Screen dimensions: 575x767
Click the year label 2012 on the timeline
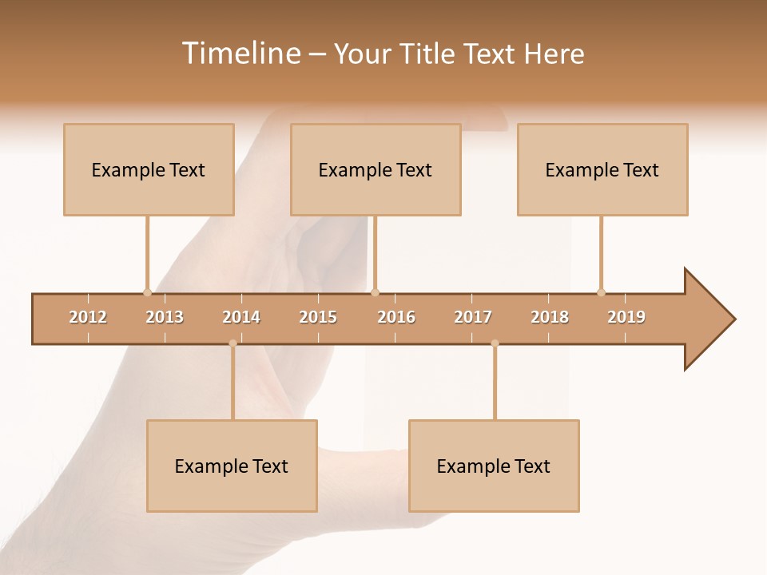click(88, 317)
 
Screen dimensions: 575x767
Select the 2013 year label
click(165, 317)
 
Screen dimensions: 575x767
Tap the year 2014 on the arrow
click(241, 317)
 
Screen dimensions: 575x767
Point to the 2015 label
click(318, 317)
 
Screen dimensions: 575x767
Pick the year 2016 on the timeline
click(396, 317)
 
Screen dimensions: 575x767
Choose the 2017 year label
click(473, 317)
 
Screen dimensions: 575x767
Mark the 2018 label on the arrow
click(550, 317)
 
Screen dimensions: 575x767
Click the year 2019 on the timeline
click(626, 317)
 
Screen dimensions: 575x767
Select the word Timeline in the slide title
click(239, 54)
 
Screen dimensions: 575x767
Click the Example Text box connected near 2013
click(149, 169)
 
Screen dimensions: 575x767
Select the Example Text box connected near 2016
click(376, 169)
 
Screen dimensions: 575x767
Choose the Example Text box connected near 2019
click(602, 169)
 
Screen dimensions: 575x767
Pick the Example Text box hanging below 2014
click(232, 466)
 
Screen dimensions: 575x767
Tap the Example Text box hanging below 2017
click(494, 466)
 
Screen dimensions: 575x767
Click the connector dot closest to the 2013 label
click(147, 292)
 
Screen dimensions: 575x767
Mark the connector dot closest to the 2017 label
click(495, 343)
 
